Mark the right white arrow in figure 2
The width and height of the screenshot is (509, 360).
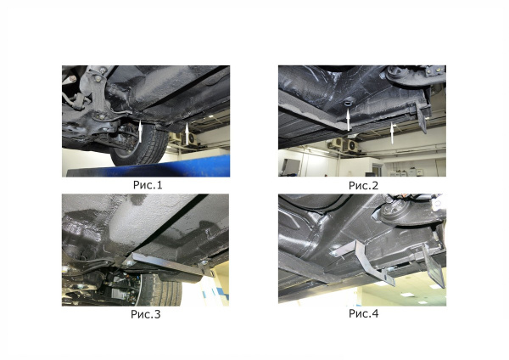pos(391,131)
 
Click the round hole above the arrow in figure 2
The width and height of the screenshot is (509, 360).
pos(348,103)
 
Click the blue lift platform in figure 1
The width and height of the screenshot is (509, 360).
pos(144,170)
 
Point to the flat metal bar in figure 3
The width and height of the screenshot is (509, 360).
pos(165,264)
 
